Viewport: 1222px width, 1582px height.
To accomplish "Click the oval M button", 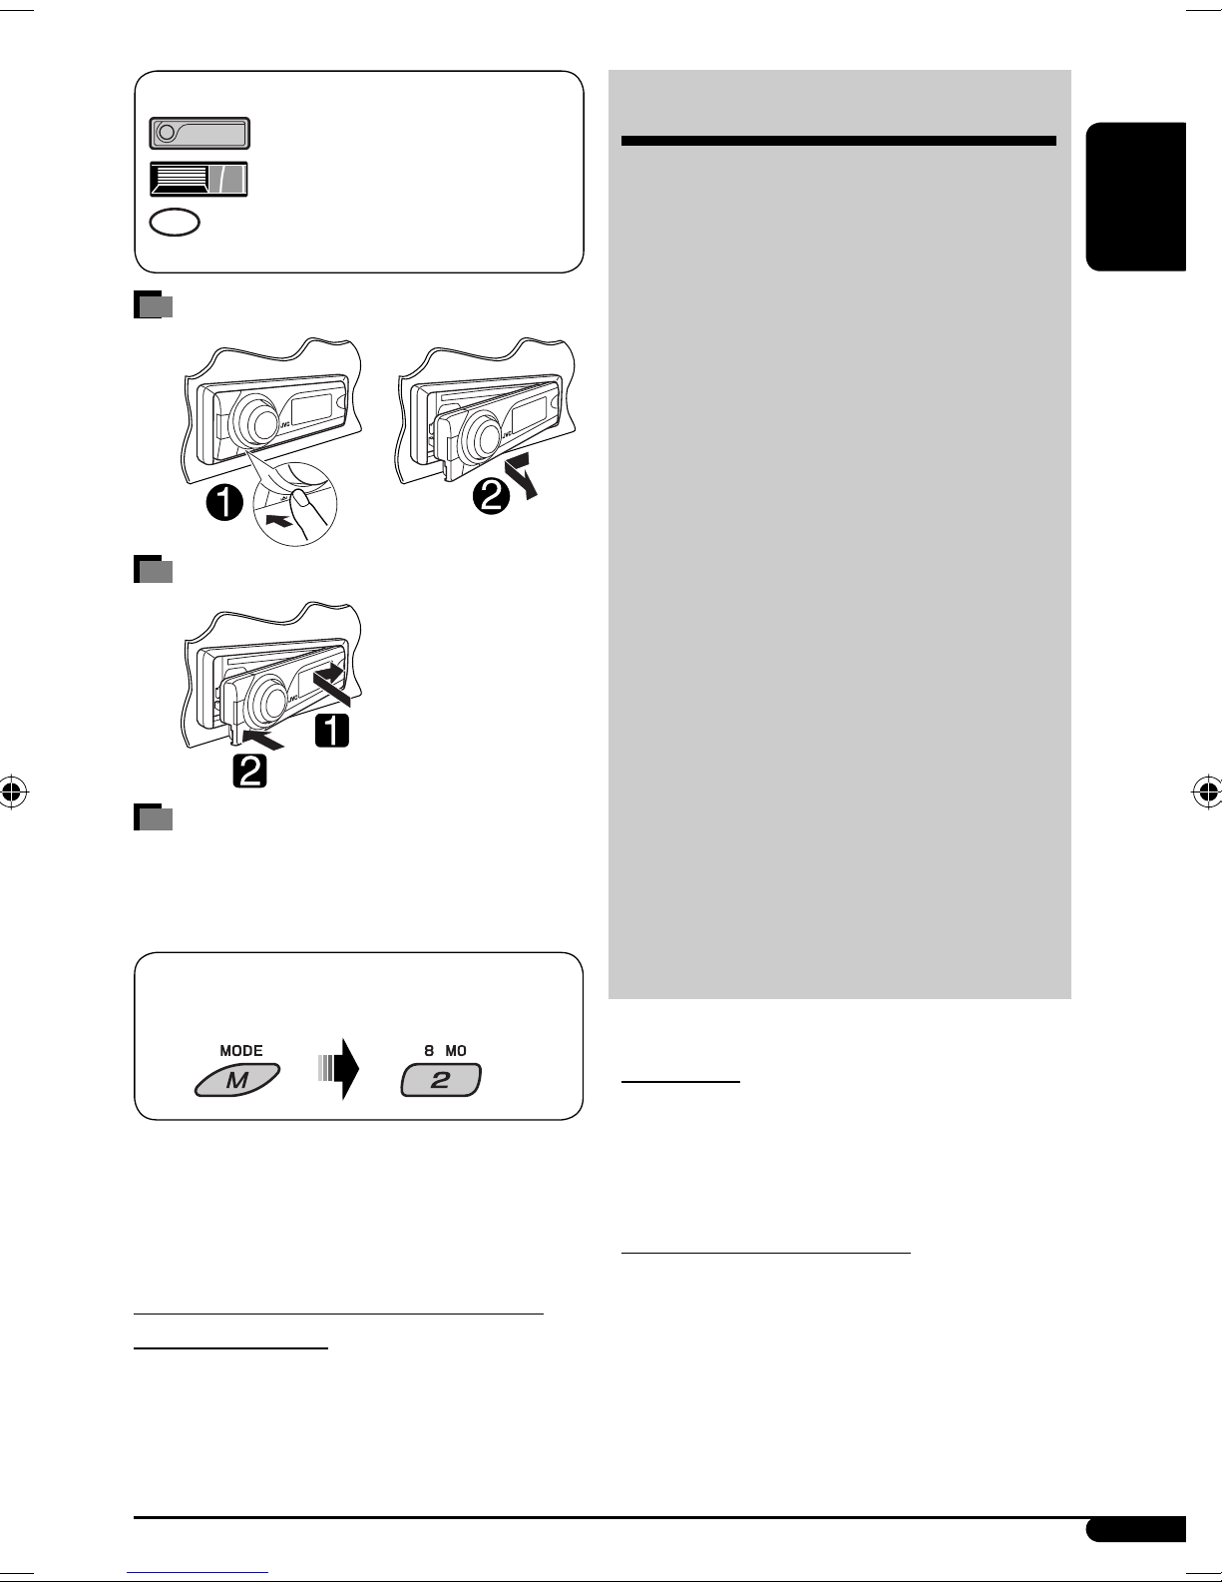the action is (x=237, y=1080).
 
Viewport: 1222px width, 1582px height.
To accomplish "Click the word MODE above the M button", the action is (x=240, y=1051).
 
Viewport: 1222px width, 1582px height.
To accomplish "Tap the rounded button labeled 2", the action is (x=441, y=1080).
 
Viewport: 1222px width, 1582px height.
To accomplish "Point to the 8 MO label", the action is (x=445, y=1051).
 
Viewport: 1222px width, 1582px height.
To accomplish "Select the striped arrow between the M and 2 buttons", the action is (x=339, y=1069).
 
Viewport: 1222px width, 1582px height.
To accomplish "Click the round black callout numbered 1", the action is (x=224, y=502).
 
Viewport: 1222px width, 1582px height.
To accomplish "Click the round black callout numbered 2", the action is (x=492, y=496).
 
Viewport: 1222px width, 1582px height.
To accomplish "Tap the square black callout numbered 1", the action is (x=331, y=731).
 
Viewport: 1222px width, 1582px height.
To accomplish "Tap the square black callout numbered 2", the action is (x=249, y=771).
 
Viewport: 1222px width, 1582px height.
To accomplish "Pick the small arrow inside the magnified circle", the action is (x=280, y=521).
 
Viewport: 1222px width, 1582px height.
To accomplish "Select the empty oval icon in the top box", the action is (x=175, y=222).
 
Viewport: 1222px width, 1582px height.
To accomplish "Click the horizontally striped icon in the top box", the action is (x=199, y=179).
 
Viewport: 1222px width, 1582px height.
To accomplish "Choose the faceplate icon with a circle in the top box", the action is (x=200, y=133).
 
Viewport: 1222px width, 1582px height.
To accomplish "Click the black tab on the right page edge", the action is (x=1136, y=197).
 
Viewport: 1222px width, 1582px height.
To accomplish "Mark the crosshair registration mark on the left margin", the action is (x=13, y=791).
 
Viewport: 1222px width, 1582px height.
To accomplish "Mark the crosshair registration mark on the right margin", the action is (x=1207, y=791).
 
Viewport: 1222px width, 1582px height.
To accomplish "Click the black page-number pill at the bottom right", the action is (x=1136, y=1529).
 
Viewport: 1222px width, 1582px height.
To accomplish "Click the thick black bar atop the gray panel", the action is (x=839, y=141).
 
